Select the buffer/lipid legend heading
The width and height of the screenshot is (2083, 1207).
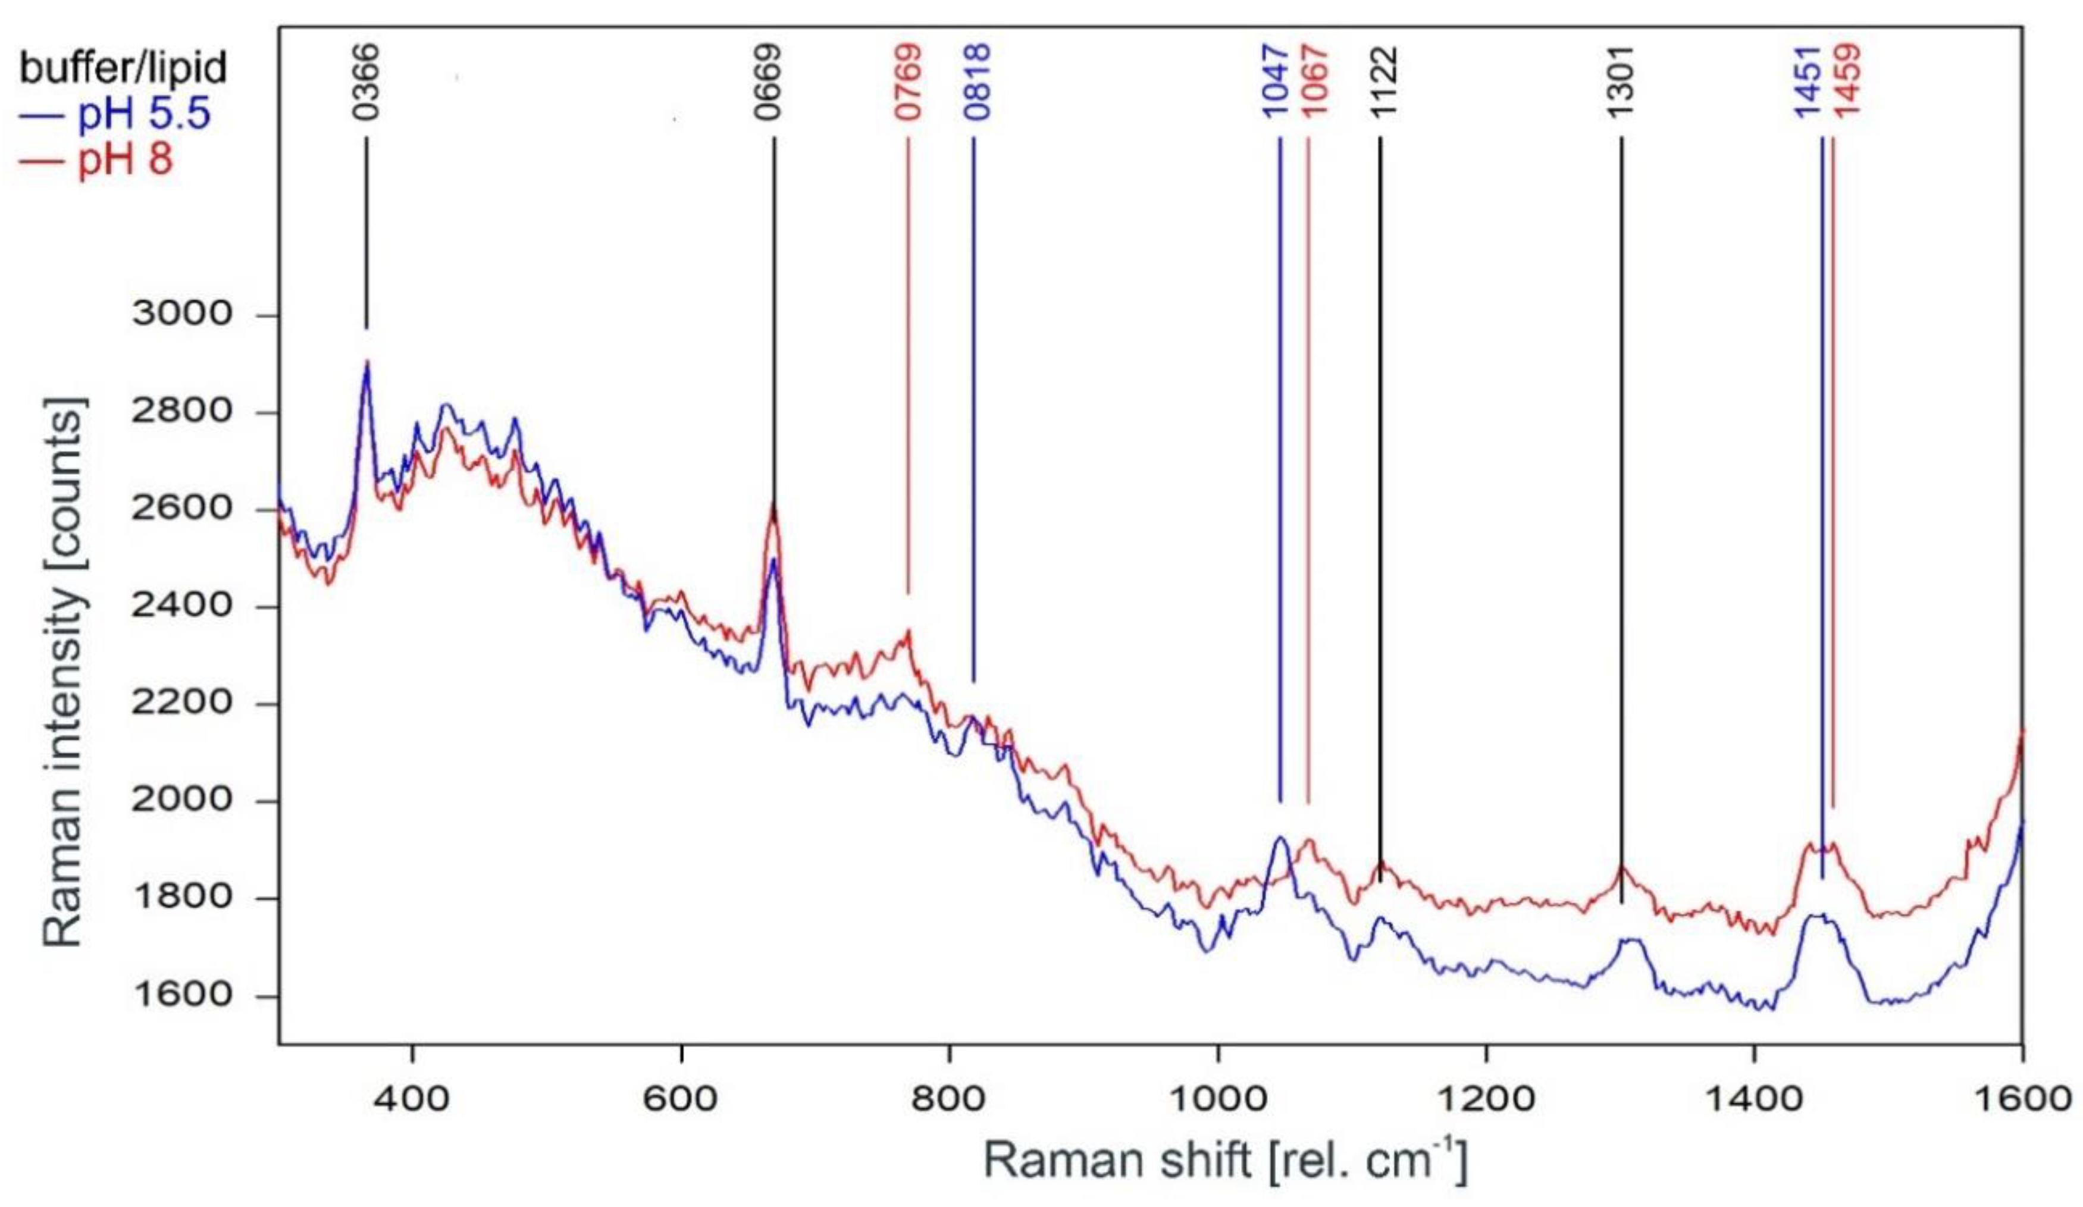123,68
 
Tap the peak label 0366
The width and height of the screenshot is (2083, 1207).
365,82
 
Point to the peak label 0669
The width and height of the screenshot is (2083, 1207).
770,82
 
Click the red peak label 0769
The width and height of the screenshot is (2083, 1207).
909,82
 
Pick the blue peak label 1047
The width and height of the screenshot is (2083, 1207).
1276,82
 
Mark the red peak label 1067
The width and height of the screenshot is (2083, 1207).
1314,82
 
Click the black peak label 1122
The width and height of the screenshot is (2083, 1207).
1383,82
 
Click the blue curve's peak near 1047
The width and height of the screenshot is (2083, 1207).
1280,838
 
